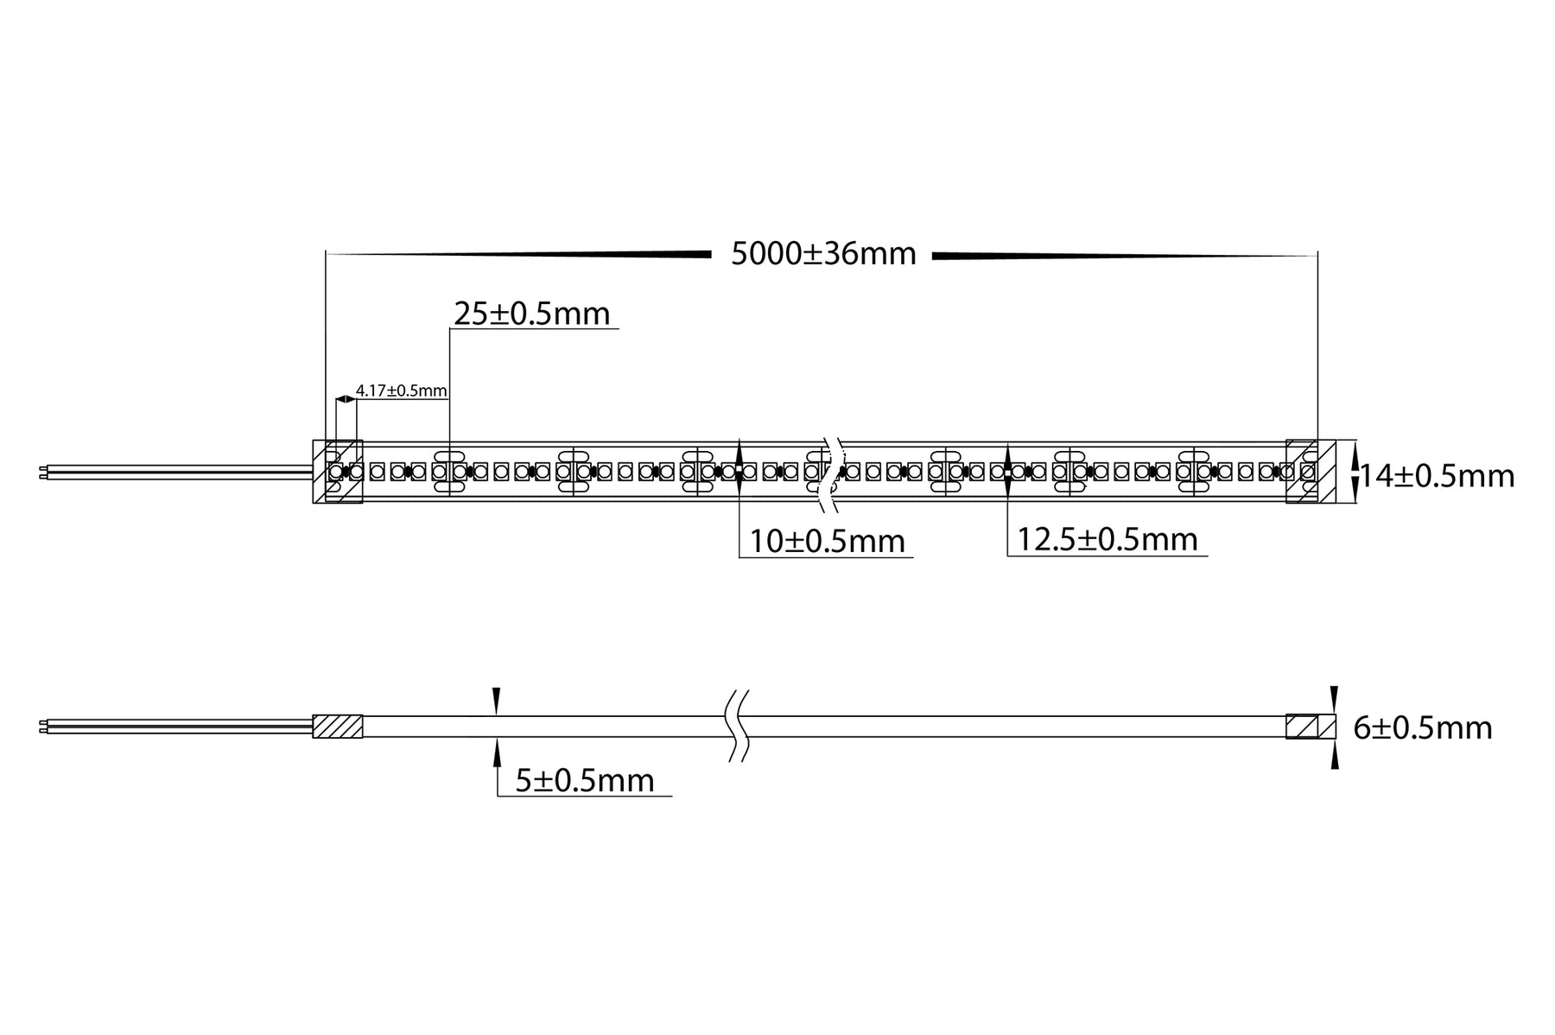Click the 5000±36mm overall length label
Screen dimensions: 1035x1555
click(x=822, y=255)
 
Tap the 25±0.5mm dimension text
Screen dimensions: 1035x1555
click(x=532, y=314)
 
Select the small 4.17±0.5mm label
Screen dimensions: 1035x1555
click(x=401, y=391)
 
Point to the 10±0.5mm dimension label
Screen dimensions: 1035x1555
click(x=827, y=542)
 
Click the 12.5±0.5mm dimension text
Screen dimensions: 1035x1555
click(x=1108, y=540)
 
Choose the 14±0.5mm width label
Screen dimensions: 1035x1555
click(x=1437, y=476)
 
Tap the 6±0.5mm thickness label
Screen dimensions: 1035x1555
click(x=1422, y=728)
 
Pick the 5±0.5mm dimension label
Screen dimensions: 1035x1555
click(x=585, y=781)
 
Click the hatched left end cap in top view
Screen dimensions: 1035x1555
click(x=337, y=472)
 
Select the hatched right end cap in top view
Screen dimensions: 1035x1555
click(x=1311, y=472)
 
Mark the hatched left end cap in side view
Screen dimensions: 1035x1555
click(x=337, y=726)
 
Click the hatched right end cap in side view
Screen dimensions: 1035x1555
click(x=1310, y=726)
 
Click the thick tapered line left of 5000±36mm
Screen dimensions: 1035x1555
click(x=562, y=255)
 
